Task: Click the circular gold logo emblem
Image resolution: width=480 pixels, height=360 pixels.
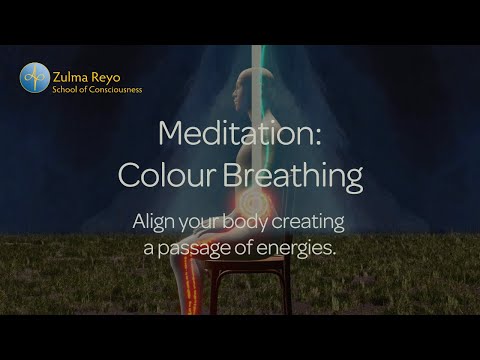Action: [33, 76]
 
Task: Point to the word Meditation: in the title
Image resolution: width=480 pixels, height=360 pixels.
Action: [240, 136]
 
